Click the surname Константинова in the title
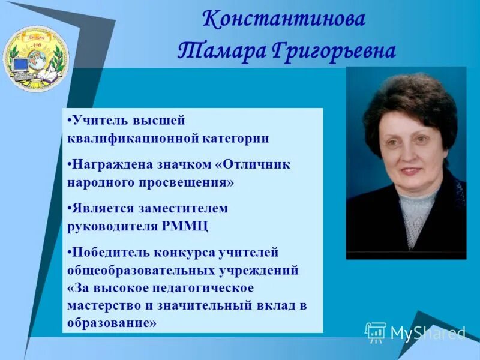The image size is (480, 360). click(x=284, y=20)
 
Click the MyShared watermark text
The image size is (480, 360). click(x=428, y=332)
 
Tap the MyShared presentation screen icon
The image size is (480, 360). click(x=376, y=332)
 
